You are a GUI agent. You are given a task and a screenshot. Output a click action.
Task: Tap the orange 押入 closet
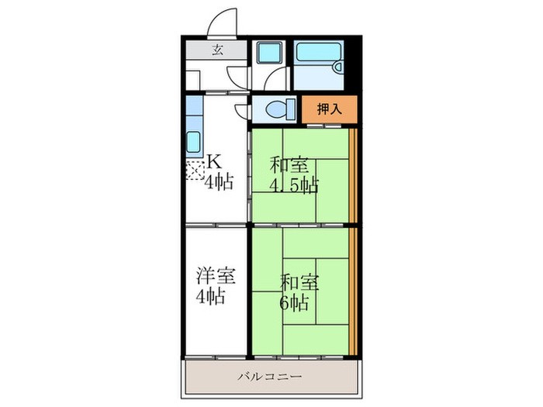330,109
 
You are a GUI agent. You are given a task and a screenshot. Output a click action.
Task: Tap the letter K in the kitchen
213,162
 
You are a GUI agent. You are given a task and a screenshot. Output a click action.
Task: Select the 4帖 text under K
218,185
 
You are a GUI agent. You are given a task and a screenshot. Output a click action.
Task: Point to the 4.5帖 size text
292,185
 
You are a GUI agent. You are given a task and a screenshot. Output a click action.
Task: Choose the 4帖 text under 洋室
210,296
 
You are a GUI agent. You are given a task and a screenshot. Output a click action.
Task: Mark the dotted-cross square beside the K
193,167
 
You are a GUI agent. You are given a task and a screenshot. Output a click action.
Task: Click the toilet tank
290,109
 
